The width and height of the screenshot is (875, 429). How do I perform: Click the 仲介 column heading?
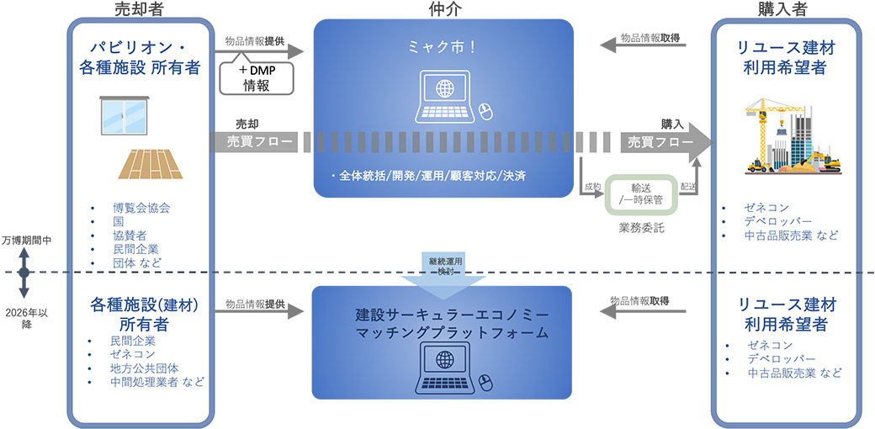pos(443,9)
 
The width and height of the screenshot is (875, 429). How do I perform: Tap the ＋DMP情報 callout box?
pos(256,77)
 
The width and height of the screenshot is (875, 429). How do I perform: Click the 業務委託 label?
pos(641,226)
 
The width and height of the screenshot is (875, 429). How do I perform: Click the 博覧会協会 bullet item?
pos(142,207)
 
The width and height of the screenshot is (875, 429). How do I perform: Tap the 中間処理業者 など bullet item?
pos(156,382)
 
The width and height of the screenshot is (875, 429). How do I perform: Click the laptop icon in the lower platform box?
pos(443,370)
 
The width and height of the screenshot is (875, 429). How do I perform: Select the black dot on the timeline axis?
pos(24,273)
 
